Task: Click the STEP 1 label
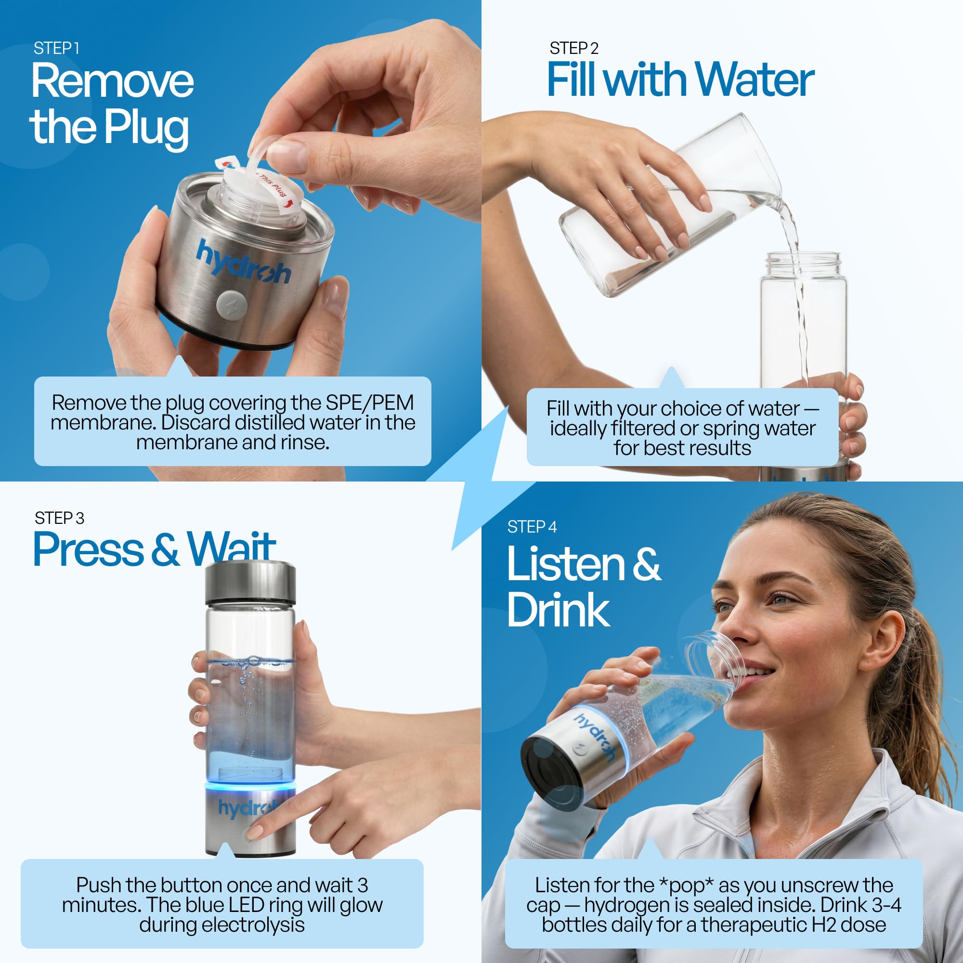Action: [x=56, y=48]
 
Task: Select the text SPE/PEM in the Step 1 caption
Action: [x=370, y=403]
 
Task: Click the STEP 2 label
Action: [x=574, y=48]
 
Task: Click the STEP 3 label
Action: [x=59, y=519]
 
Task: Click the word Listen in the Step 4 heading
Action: [x=566, y=564]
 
